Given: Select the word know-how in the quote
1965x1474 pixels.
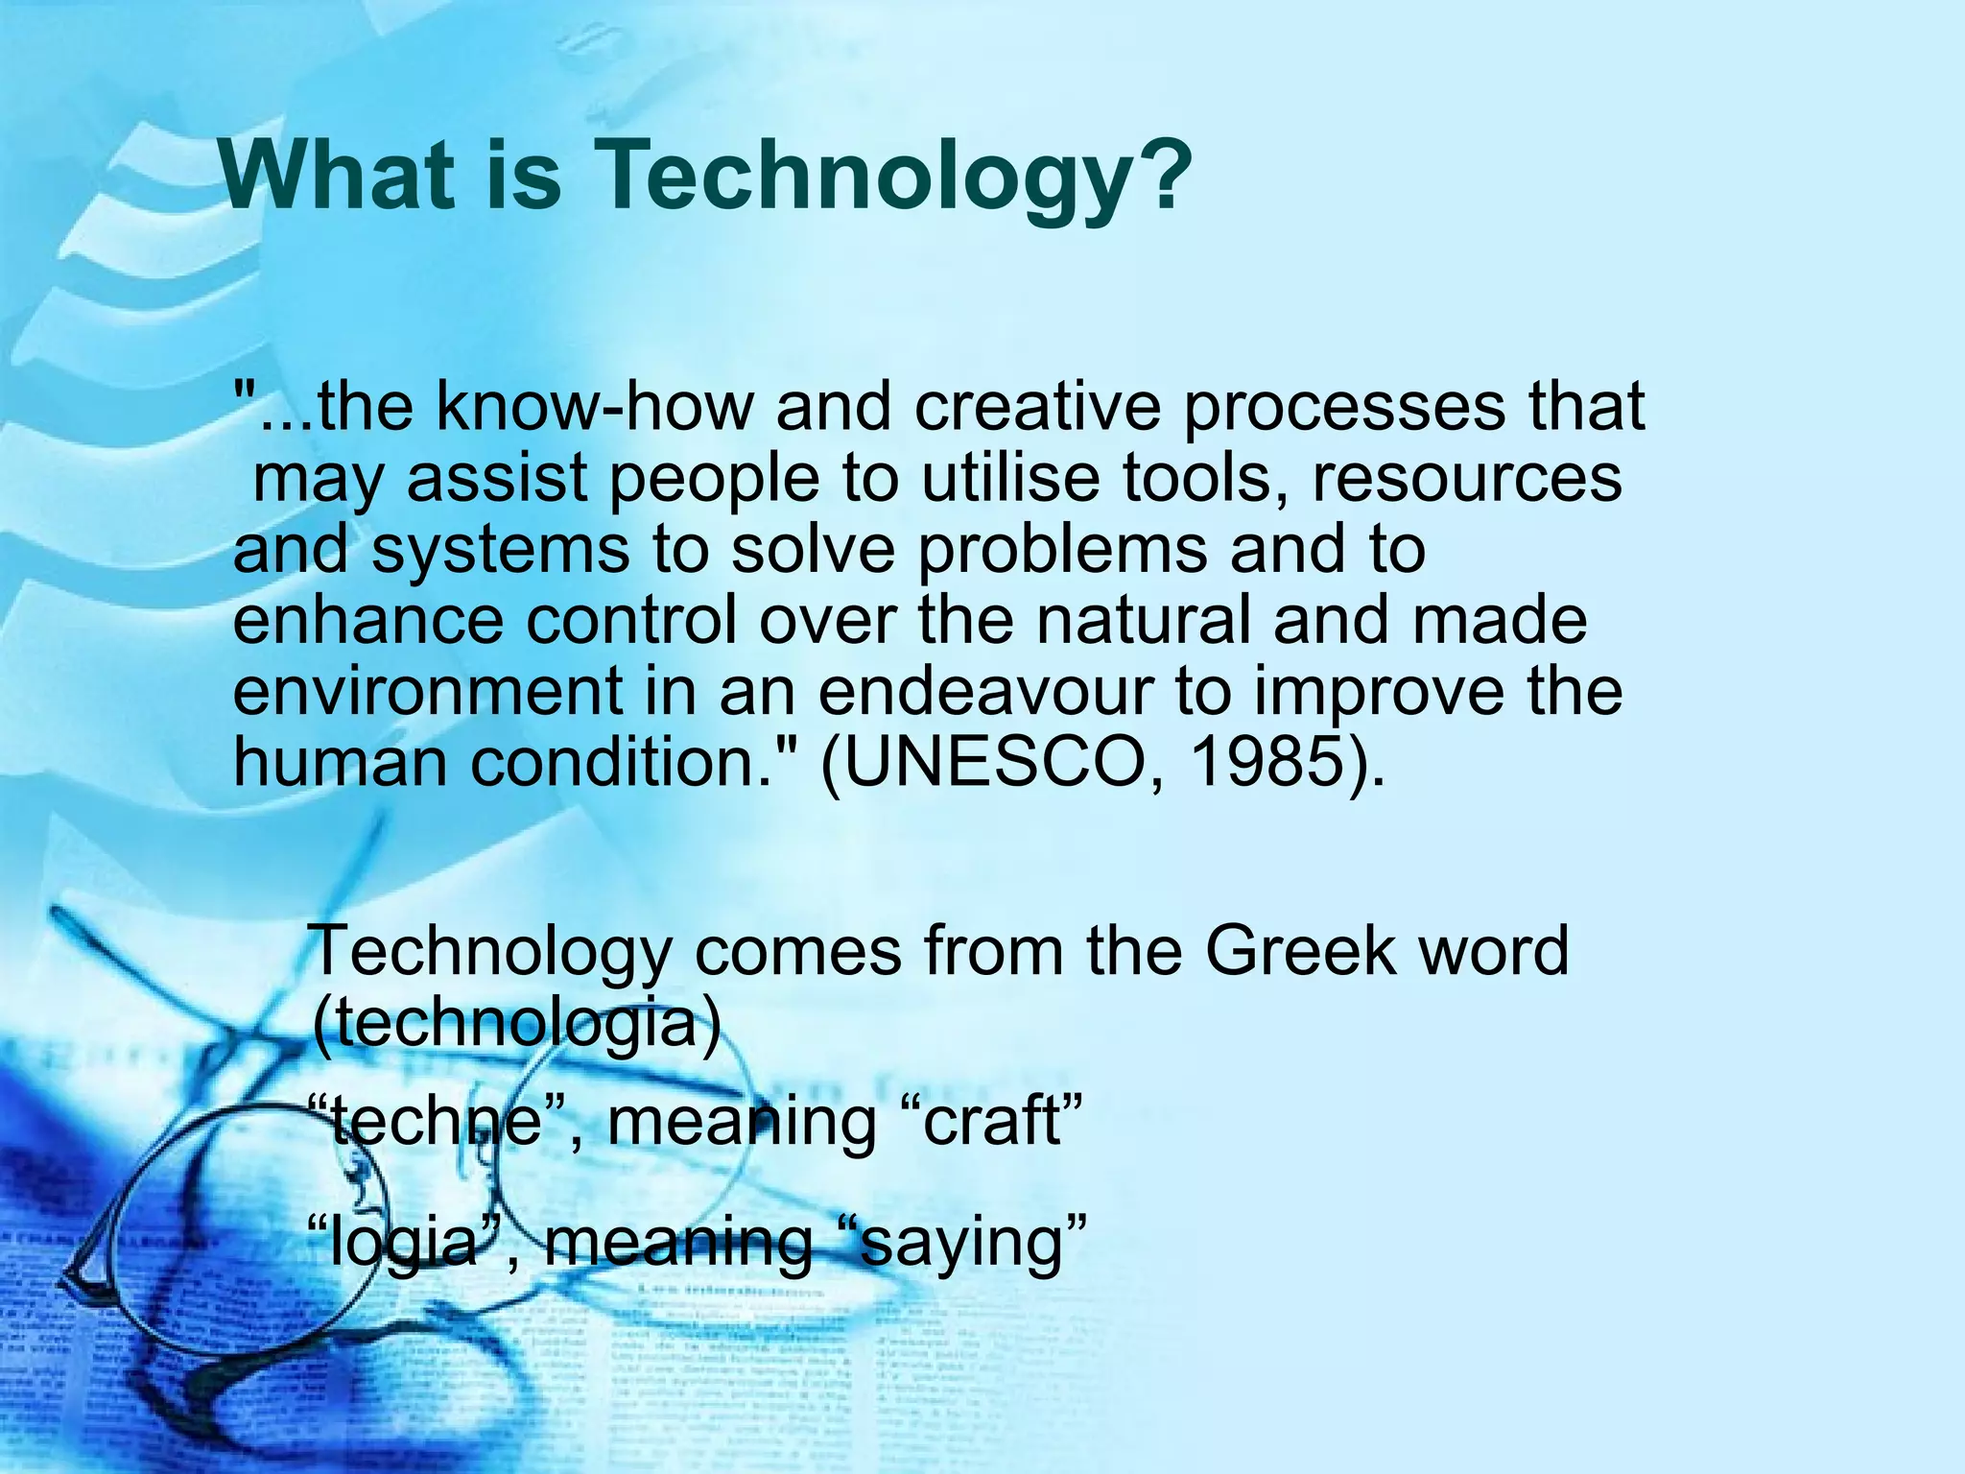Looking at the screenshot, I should point(595,407).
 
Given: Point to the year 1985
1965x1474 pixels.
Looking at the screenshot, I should point(1267,763).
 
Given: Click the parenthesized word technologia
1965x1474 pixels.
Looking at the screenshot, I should point(516,1023).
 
